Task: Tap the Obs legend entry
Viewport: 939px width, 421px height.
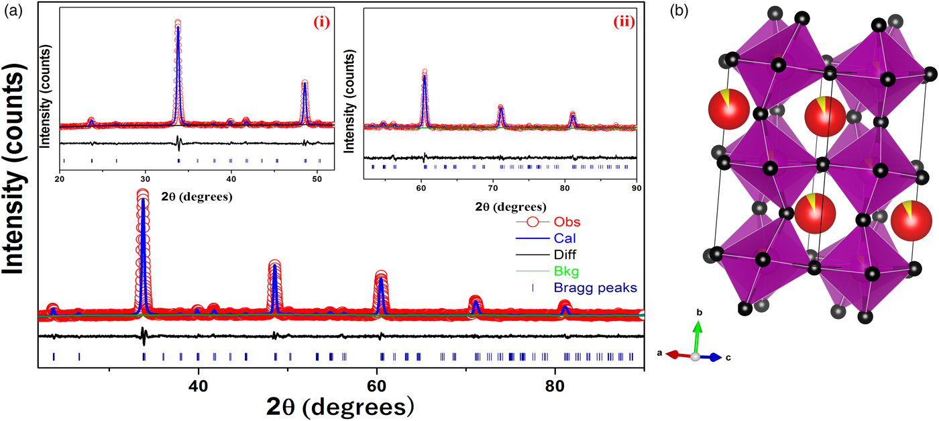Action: pos(567,222)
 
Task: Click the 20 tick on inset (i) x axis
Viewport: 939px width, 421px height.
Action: pos(60,178)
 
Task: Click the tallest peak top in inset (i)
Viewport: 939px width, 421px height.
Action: pos(178,24)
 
